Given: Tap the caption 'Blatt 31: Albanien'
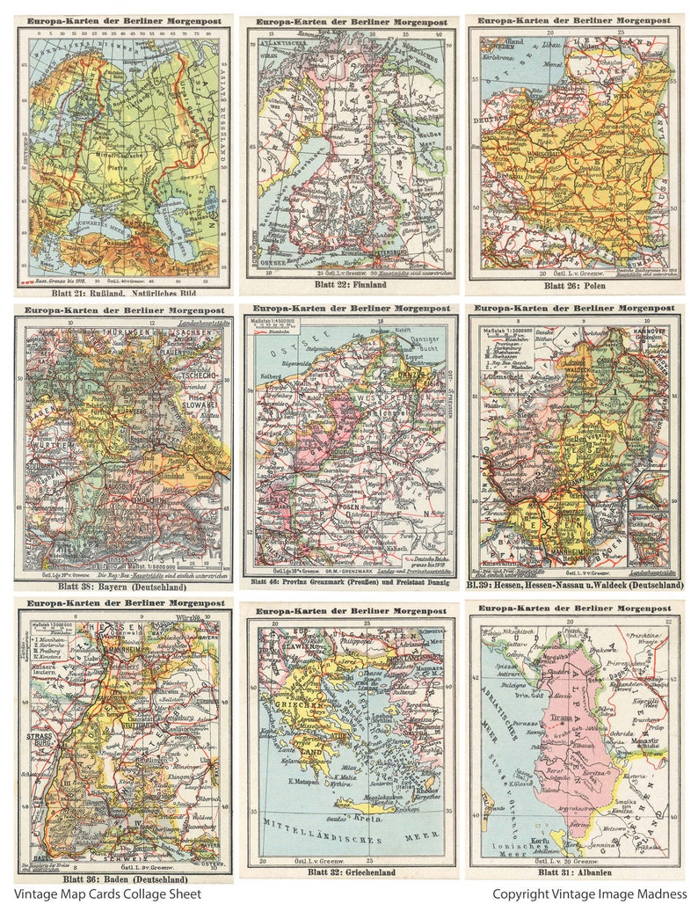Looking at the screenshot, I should click(x=576, y=871).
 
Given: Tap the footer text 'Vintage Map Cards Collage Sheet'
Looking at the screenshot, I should click(x=107, y=893).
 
